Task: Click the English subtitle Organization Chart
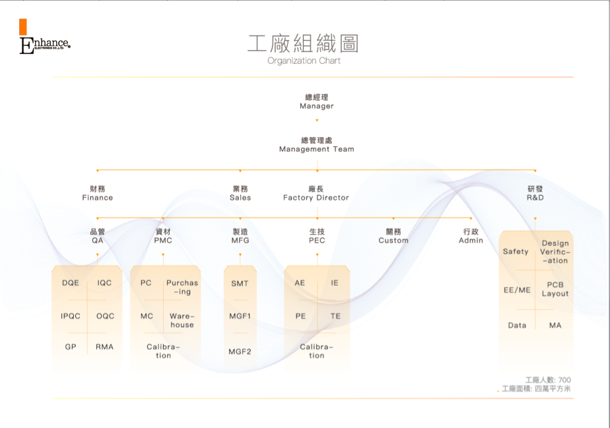(304, 61)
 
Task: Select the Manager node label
(317, 102)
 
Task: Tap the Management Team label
(317, 145)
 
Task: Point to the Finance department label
(98, 193)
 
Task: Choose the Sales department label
(240, 193)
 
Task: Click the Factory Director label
(316, 193)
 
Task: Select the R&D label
(535, 193)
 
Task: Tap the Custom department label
(393, 236)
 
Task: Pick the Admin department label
(471, 236)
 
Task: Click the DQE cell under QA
(71, 283)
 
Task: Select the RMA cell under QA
(104, 346)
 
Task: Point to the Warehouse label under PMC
(182, 321)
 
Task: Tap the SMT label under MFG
(240, 284)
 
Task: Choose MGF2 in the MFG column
(240, 352)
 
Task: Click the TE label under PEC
(335, 316)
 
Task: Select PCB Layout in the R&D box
(555, 290)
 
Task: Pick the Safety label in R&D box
(516, 251)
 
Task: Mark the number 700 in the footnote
(564, 381)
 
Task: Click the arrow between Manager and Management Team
(317, 121)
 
